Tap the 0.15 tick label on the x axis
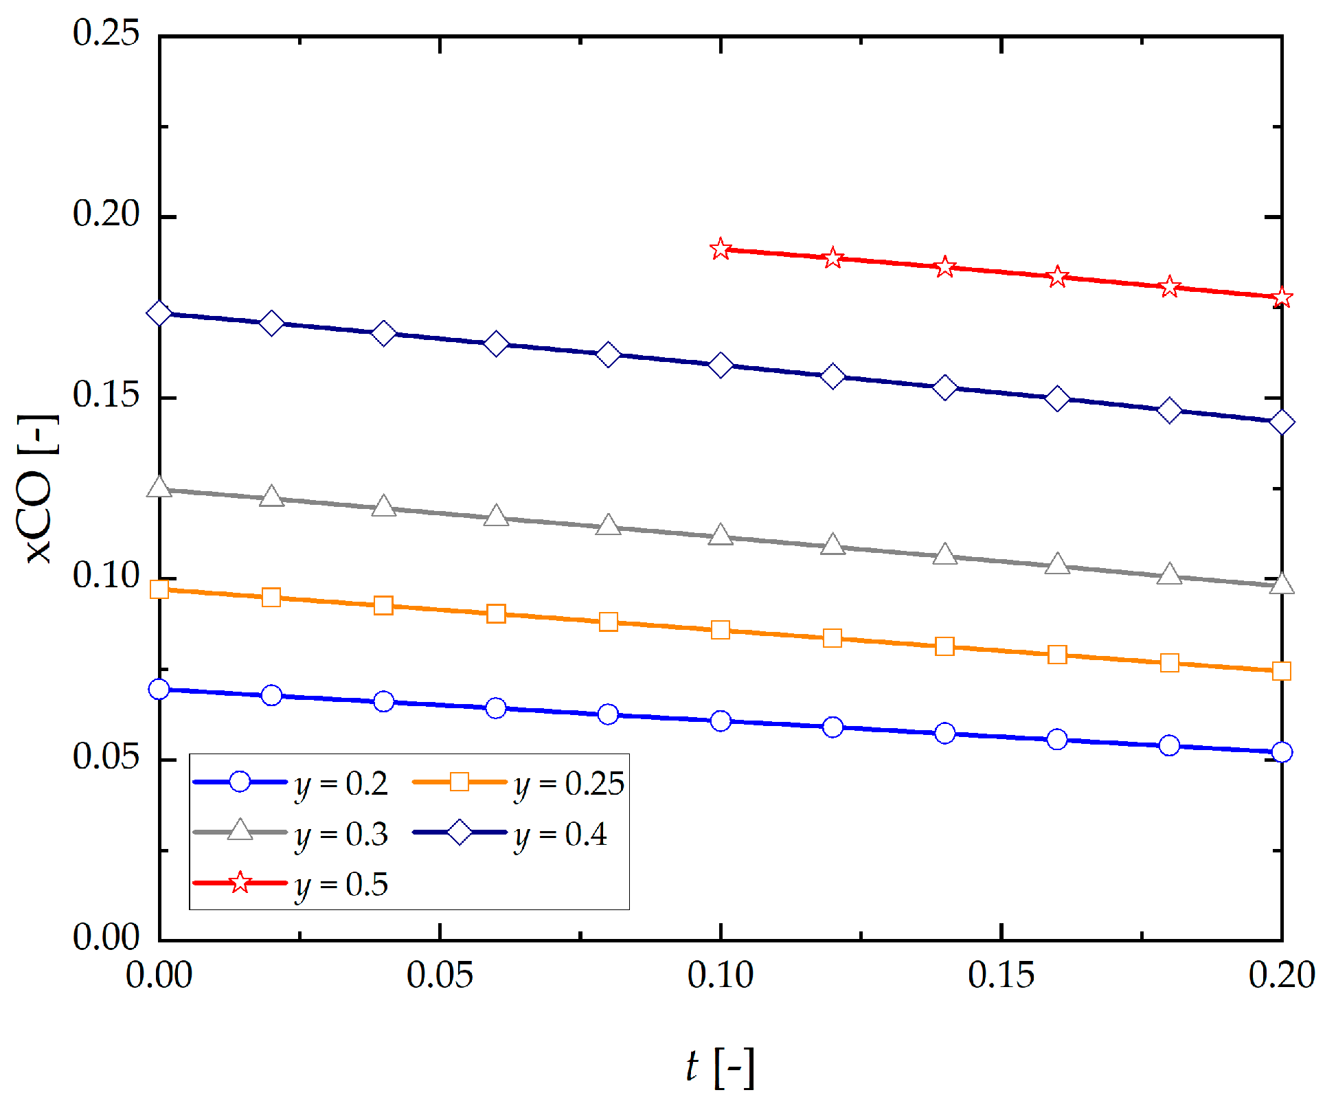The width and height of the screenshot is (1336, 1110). [1001, 975]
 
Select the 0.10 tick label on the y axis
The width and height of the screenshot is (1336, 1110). [106, 576]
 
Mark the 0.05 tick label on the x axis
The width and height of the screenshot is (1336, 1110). [440, 975]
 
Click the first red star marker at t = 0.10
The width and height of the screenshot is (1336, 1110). [720, 249]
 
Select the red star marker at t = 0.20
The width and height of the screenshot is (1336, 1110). [1281, 297]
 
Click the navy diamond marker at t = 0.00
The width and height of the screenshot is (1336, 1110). [159, 313]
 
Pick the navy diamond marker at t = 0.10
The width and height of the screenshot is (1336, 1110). [720, 365]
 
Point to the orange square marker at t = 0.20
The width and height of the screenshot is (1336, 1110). [1281, 671]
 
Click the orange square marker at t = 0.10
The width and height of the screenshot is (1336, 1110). [720, 630]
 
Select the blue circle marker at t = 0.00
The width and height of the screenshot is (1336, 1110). [159, 689]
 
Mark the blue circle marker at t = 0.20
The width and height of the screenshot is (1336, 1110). [1281, 752]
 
